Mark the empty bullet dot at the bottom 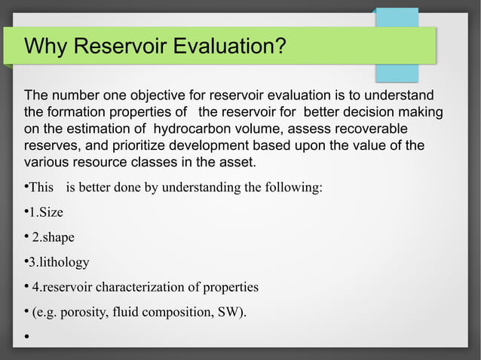click(x=27, y=337)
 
